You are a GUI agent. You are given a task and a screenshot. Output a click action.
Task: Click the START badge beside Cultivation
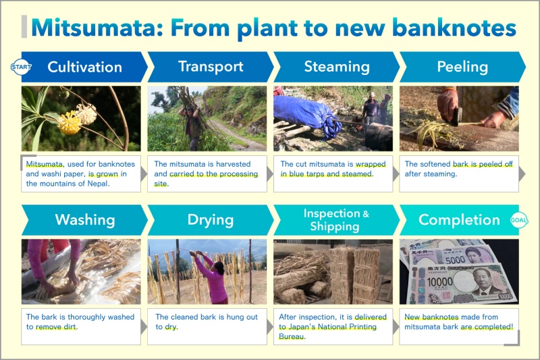22,66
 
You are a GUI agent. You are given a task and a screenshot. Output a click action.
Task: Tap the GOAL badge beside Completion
518,220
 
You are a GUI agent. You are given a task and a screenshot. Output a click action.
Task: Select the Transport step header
211,66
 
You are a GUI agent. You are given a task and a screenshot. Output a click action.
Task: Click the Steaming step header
336,66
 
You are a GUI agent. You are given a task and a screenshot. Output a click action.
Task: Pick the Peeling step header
462,66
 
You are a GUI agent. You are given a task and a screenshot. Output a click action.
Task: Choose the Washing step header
85,220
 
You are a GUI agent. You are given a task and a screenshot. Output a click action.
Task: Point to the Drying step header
211,220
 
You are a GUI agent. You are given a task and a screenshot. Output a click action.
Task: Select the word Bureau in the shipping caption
292,336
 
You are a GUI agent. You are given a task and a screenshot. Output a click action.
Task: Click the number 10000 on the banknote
440,282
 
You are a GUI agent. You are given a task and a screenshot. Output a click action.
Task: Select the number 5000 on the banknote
455,260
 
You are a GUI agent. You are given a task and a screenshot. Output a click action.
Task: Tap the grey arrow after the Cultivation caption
144,174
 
